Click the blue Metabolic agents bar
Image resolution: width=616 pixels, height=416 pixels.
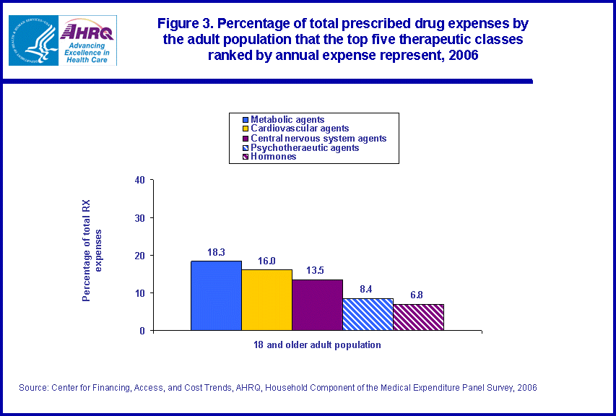(x=216, y=295)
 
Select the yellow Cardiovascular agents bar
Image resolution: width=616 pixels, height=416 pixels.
(x=266, y=300)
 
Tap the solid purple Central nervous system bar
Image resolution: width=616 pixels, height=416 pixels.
(x=317, y=305)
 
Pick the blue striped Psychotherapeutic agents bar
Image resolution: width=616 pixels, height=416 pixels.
(x=368, y=314)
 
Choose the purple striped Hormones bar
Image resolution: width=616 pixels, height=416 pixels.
(x=418, y=317)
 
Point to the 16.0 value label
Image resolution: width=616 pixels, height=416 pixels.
(x=266, y=261)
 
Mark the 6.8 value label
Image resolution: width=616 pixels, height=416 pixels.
(x=417, y=295)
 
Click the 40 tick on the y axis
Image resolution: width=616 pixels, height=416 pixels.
(x=139, y=181)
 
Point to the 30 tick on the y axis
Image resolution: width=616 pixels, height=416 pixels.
(x=139, y=218)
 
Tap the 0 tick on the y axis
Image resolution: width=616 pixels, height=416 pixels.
(x=142, y=331)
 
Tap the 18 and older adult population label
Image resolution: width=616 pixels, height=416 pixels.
(x=317, y=345)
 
